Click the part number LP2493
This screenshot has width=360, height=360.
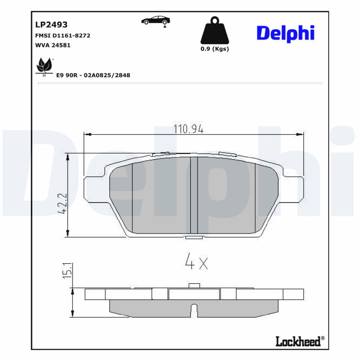coord(51,25)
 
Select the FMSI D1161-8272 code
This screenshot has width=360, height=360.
coord(63,36)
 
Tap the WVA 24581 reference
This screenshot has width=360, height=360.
coord(53,45)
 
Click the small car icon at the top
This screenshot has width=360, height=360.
coord(155,21)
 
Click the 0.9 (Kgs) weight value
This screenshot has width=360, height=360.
coord(215,49)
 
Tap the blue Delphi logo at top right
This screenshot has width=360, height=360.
coord(285,33)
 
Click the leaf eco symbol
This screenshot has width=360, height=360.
coord(44,67)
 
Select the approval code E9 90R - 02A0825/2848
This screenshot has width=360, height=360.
coord(93,76)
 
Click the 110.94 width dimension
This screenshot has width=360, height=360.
coord(189,129)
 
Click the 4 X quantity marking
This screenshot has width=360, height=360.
coord(197,261)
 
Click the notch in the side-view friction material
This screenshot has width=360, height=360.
coord(194,310)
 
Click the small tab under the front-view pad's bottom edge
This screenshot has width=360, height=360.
coord(194,237)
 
